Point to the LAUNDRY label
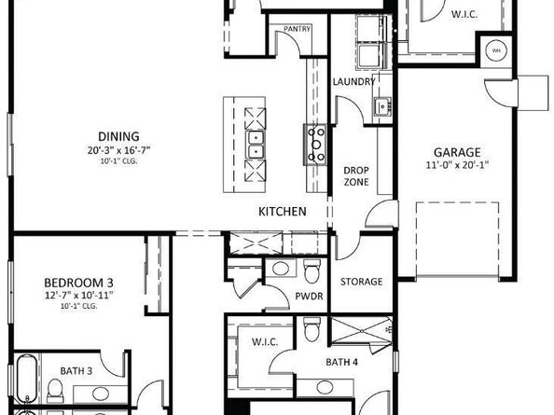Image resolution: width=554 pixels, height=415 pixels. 354,81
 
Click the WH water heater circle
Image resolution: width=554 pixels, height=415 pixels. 495,50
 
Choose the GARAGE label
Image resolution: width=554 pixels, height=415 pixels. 456,152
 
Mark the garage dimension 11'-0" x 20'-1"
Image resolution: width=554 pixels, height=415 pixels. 456,166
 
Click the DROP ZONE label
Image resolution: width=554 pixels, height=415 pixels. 356,176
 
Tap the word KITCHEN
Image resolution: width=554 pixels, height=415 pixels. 283,212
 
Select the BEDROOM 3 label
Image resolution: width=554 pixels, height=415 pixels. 79,282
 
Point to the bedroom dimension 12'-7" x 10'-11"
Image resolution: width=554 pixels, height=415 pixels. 79,296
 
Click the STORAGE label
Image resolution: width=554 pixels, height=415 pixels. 361,282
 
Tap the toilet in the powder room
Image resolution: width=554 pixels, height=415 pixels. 313,270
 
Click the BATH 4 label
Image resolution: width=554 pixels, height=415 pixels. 341,362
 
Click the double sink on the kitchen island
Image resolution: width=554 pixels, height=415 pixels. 255,145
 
